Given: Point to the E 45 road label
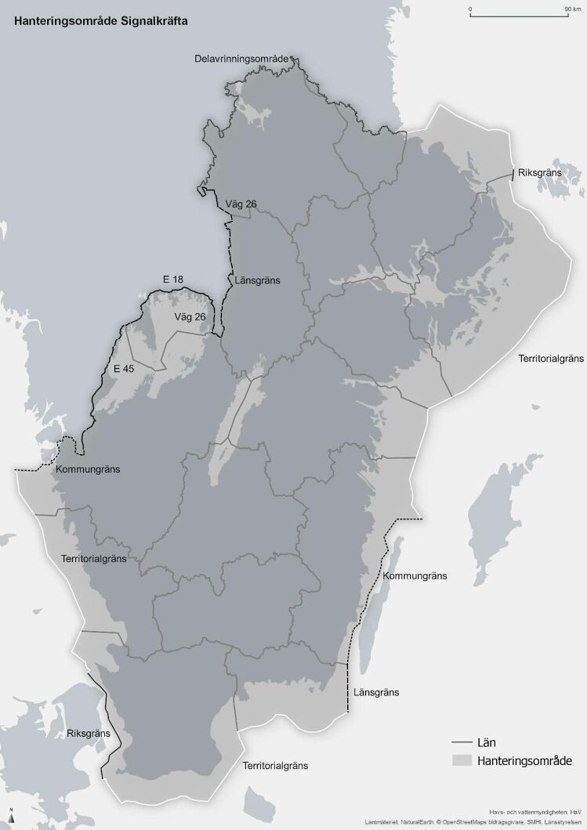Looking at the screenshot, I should [123, 368].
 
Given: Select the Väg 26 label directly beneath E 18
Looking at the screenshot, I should [190, 316].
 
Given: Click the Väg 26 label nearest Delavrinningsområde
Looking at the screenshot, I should [241, 204].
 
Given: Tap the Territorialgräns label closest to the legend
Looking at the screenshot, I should [274, 764].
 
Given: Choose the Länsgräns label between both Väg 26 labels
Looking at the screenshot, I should [257, 280].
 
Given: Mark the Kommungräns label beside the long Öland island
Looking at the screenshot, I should [415, 576].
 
